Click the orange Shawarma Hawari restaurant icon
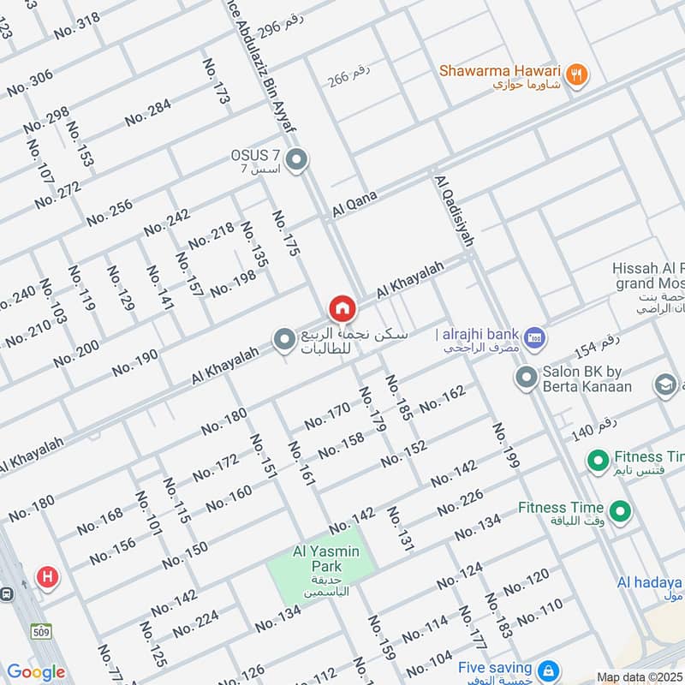pyautogui.click(x=578, y=75)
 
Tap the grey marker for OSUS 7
pyautogui.click(x=297, y=160)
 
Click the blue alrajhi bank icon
pyautogui.click(x=535, y=339)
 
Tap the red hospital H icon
pyautogui.click(x=46, y=576)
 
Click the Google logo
pyautogui.click(x=35, y=672)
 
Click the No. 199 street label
pyautogui.click(x=505, y=445)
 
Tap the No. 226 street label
pyautogui.click(x=461, y=503)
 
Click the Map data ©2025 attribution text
pyautogui.click(x=639, y=676)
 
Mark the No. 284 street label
pyautogui.click(x=148, y=112)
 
